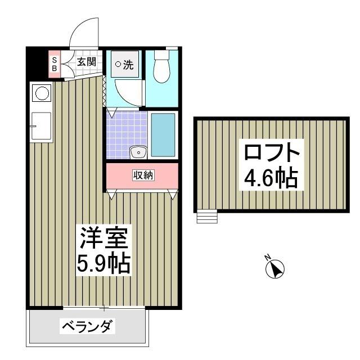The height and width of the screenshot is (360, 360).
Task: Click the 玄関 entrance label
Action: point(86,62)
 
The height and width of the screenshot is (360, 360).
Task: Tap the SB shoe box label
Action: point(55,64)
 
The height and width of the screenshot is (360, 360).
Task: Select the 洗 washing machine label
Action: point(124,65)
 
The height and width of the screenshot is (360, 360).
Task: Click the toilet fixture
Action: point(161,70)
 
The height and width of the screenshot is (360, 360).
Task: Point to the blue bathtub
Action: point(163,135)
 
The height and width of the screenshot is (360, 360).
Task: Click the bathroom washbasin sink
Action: point(137,152)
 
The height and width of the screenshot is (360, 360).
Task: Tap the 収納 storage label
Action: point(142,175)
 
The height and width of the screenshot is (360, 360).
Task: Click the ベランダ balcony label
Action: point(88,326)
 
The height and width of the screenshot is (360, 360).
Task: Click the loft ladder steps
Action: point(207,217)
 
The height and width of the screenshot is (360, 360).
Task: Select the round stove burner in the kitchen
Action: point(40,93)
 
